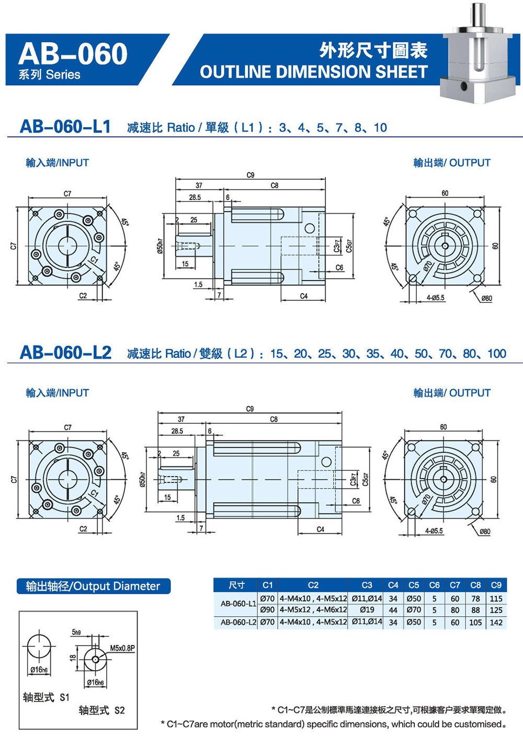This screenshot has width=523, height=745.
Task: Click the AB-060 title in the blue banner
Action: [x=73, y=54]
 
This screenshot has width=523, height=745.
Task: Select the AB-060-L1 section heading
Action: [x=65, y=127]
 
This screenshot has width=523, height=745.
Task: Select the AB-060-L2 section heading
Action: [x=65, y=353]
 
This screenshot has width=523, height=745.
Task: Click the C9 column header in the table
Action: [x=496, y=585]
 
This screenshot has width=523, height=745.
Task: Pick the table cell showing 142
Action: [x=496, y=623]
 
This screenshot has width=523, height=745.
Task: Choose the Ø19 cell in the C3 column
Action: [x=367, y=610]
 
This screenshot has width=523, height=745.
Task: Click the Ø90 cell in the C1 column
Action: [x=267, y=610]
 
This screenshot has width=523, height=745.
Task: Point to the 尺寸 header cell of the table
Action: [x=236, y=585]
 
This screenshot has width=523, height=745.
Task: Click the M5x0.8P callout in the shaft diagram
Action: [x=122, y=648]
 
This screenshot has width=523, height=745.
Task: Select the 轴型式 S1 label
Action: [x=46, y=697]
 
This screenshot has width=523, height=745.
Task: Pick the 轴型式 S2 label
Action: [x=102, y=710]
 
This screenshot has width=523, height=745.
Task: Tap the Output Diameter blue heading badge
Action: [x=93, y=586]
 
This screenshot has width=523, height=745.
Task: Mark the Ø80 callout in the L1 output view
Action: [x=486, y=298]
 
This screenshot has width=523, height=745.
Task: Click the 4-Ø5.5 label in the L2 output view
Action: [x=434, y=531]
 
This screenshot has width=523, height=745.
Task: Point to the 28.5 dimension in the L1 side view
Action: [x=195, y=197]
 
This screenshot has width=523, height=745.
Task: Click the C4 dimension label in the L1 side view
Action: [x=304, y=296]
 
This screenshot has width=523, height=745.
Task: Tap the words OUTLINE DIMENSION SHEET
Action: [x=313, y=72]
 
